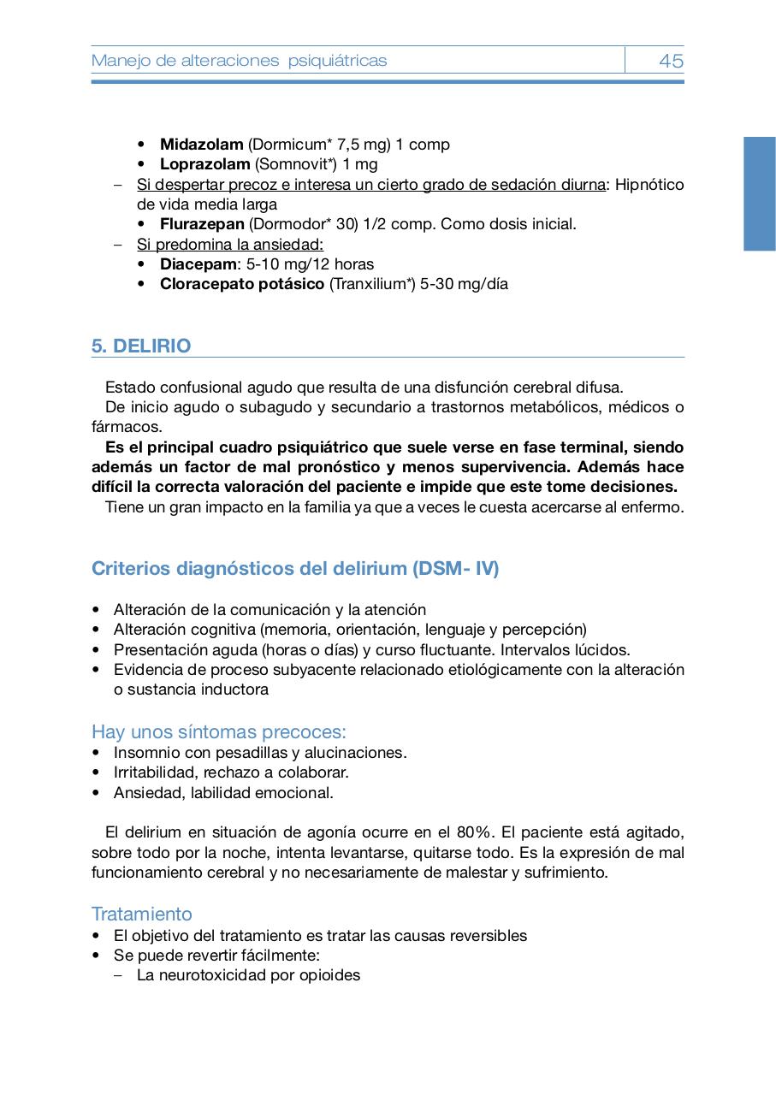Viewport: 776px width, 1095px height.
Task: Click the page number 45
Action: (x=671, y=61)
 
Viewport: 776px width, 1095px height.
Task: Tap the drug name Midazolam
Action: (x=201, y=145)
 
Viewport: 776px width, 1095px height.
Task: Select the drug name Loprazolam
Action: (x=204, y=164)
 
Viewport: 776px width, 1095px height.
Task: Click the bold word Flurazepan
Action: (x=202, y=224)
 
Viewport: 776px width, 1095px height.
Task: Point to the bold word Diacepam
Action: (x=198, y=264)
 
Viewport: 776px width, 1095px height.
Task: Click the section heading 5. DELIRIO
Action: (x=141, y=346)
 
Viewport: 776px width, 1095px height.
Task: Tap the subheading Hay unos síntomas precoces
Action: (x=219, y=732)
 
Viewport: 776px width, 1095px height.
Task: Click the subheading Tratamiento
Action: (x=142, y=914)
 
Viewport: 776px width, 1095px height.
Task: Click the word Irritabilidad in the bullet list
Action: (x=153, y=772)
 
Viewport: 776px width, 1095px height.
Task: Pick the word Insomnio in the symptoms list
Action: (x=145, y=753)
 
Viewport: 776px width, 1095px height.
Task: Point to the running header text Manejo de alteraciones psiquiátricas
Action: (x=240, y=61)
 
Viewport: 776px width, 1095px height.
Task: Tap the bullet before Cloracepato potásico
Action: (x=142, y=284)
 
